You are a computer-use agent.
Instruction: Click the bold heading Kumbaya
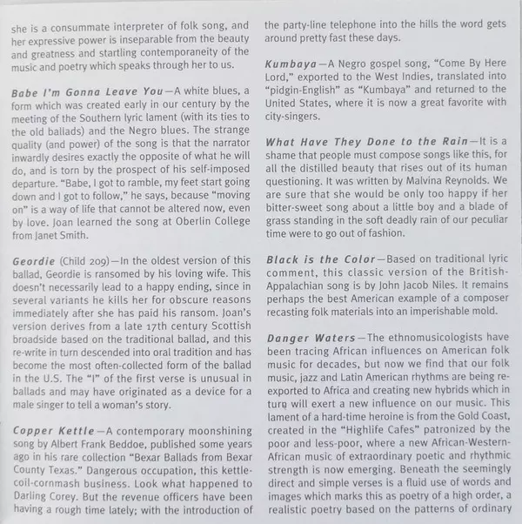(x=291, y=65)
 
